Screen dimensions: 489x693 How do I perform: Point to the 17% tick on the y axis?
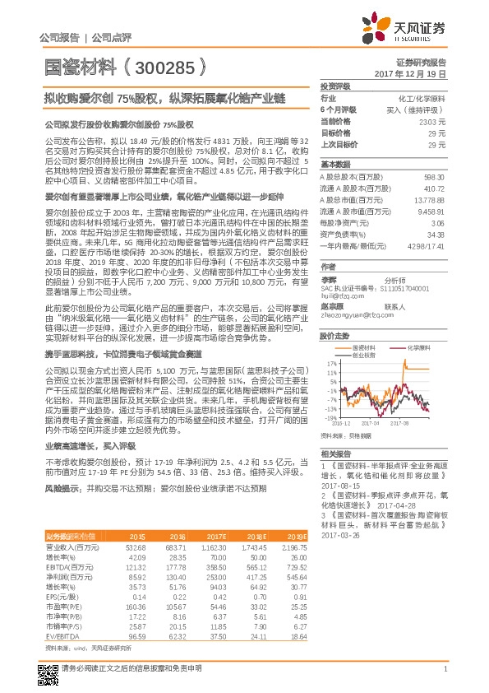(330, 340)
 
